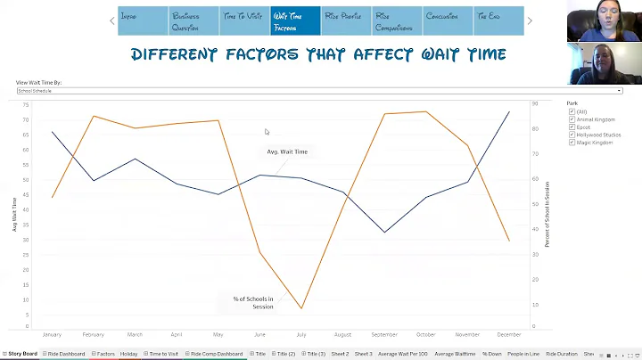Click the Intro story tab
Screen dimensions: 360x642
tap(143, 20)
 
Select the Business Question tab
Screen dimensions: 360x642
tap(193, 20)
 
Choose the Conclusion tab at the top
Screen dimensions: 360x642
tap(447, 20)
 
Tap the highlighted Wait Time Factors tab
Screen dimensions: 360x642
tap(295, 20)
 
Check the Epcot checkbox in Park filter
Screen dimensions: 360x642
tap(572, 127)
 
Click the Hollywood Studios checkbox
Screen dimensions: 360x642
tap(572, 135)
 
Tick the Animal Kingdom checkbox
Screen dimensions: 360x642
tap(572, 119)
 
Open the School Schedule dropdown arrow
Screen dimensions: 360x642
tap(619, 91)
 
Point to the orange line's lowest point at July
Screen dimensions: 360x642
tap(302, 308)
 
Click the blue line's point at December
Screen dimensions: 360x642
tap(509, 111)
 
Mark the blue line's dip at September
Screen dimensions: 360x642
tap(385, 233)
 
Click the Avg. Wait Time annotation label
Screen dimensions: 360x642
tap(287, 151)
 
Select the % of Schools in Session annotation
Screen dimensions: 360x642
tap(253, 302)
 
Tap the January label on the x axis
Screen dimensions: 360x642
tap(52, 335)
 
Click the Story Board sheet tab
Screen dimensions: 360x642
tap(22, 354)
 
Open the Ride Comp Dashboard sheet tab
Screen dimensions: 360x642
tap(216, 354)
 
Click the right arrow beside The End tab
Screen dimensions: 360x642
tap(530, 20)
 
